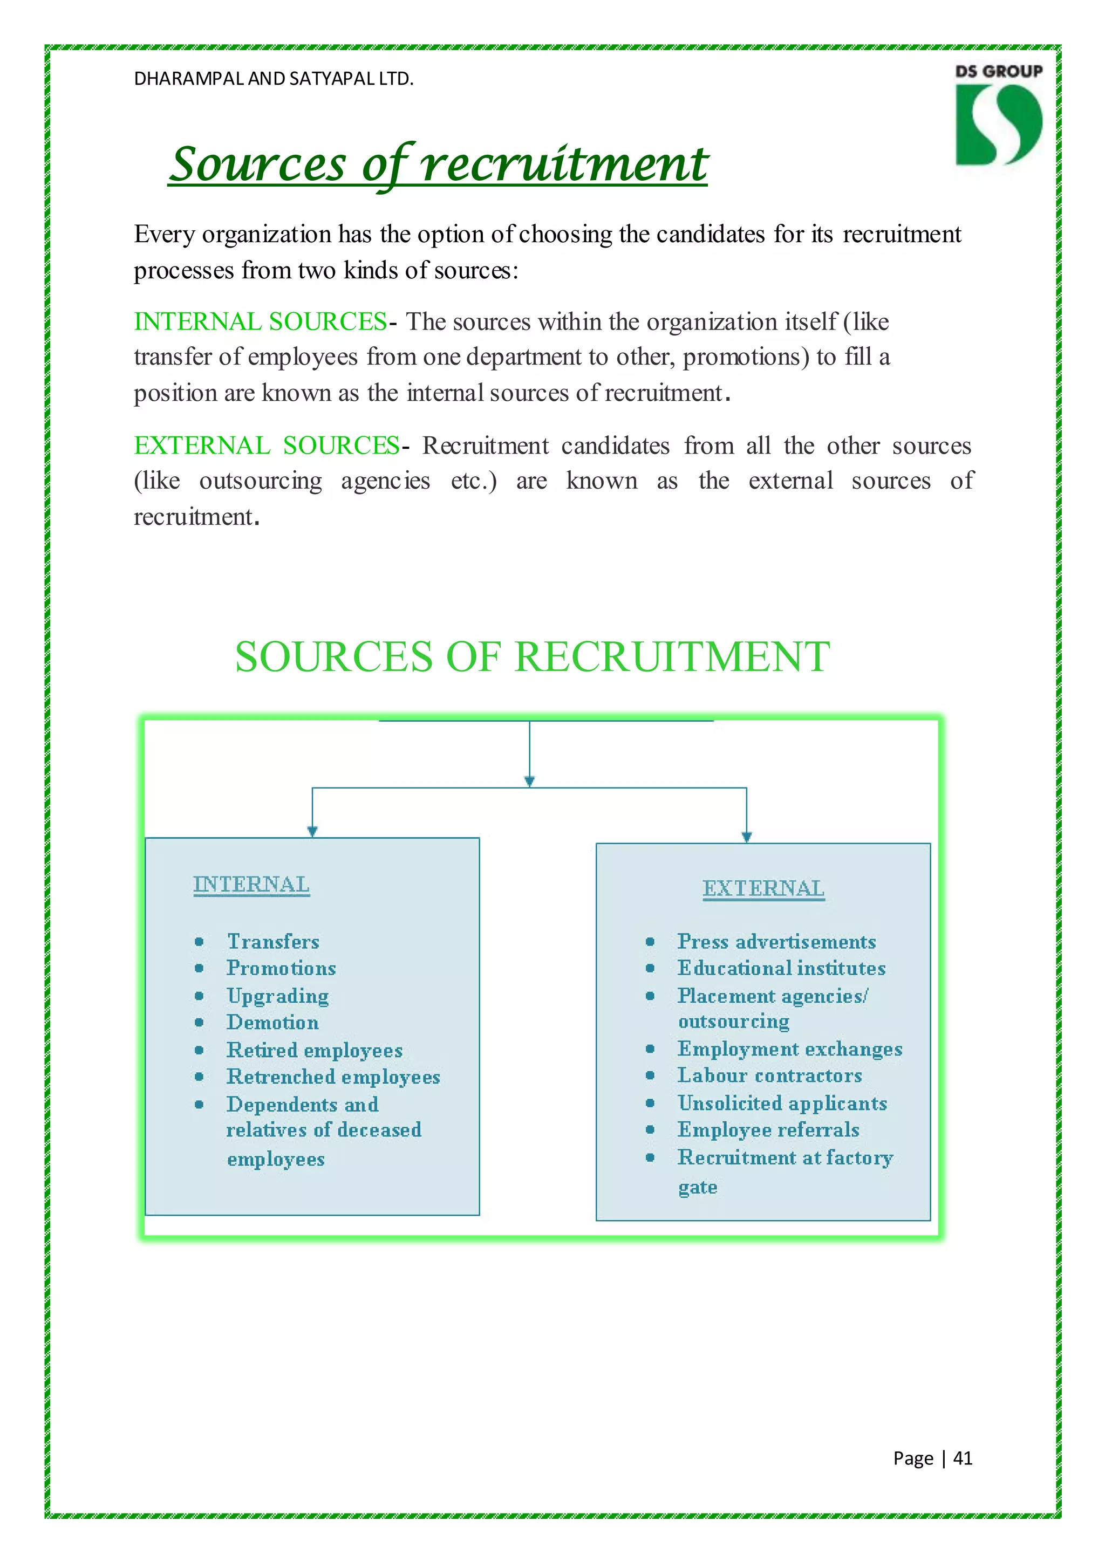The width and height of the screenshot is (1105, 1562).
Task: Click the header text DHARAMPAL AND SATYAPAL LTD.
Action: pos(274,79)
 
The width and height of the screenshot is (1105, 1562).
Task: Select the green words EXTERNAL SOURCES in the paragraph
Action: pos(267,446)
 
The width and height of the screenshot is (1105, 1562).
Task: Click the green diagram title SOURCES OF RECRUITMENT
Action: pos(532,657)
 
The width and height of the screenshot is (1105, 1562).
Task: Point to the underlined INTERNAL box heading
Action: pos(251,885)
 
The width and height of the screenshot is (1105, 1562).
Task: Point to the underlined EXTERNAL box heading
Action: pos(763,888)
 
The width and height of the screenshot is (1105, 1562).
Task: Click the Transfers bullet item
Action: pos(273,942)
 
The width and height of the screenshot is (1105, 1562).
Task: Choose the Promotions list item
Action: pos(281,968)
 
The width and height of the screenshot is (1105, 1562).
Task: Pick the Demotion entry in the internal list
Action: pos(272,1023)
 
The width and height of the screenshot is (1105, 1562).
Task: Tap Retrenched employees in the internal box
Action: pos(333,1077)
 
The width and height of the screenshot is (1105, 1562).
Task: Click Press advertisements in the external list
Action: pos(776,942)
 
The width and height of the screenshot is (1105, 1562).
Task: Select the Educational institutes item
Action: pos(781,968)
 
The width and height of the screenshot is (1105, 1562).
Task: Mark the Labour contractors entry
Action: pos(769,1075)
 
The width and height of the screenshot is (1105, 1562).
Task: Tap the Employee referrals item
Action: pos(768,1130)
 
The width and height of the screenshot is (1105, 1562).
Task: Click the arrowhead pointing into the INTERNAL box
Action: pos(312,831)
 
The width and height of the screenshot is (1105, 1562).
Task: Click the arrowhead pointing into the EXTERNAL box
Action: pos(746,837)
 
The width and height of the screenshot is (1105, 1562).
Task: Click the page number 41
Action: pos(962,1458)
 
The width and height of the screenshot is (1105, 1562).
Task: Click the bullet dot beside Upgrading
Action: pos(199,996)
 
